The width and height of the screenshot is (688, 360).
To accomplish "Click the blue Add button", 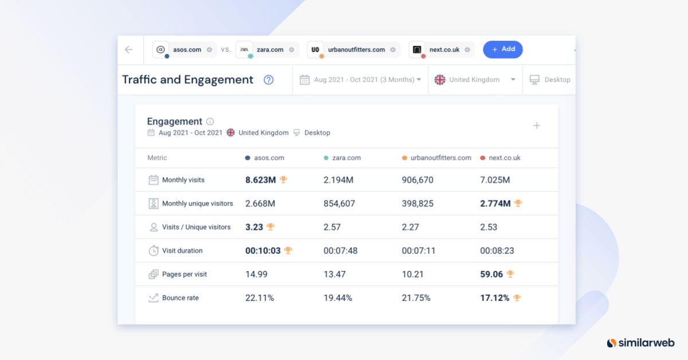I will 503,49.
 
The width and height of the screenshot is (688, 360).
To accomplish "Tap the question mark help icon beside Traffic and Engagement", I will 268,80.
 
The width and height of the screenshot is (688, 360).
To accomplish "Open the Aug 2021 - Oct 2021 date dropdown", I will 361,80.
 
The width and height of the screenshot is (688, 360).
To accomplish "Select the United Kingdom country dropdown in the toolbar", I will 475,80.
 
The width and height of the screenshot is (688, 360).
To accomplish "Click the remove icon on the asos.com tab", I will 209,50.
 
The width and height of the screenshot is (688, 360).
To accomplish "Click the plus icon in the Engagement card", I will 537,126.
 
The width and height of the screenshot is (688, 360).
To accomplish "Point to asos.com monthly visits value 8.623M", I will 260,180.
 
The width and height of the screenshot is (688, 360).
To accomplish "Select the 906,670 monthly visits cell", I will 417,180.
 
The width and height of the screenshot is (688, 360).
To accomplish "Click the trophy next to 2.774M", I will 518,204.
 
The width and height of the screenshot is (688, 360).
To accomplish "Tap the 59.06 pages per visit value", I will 491,274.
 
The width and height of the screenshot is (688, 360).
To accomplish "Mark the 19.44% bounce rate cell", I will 338,298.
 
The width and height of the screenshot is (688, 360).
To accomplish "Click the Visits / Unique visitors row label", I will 196,227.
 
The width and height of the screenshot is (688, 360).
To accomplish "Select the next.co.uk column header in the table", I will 504,158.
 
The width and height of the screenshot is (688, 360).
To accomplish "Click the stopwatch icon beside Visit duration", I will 154,251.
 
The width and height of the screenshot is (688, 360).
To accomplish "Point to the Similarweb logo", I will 642,343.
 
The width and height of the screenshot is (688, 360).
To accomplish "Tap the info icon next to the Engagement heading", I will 210,122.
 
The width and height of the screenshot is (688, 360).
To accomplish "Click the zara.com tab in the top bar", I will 269,50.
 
